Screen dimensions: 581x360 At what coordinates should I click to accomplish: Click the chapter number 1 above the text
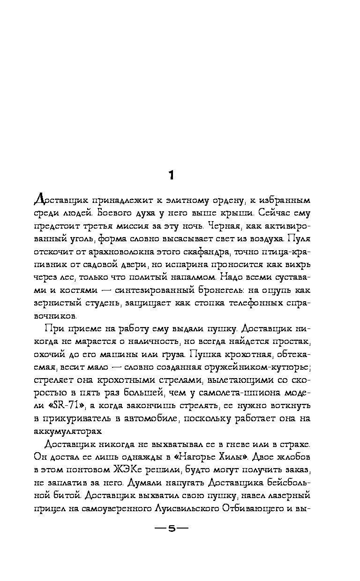172,175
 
